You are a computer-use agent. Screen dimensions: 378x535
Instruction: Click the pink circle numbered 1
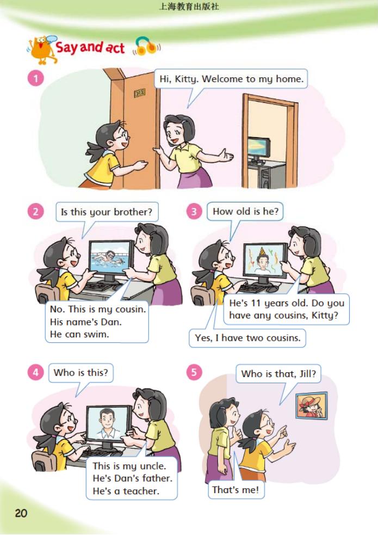(x=35, y=78)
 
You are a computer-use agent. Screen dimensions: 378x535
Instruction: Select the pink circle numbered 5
(x=194, y=372)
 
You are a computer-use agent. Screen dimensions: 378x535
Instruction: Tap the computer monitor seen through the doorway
(x=259, y=147)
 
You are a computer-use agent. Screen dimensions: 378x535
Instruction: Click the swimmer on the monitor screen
(x=110, y=256)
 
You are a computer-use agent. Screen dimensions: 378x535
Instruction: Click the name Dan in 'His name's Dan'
(x=111, y=322)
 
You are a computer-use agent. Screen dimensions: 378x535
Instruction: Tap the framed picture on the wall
(x=312, y=405)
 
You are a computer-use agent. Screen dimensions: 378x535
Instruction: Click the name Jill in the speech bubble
(x=308, y=373)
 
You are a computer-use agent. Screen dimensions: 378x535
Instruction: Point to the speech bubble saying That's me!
(x=236, y=490)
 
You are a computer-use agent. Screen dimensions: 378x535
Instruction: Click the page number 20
(x=21, y=513)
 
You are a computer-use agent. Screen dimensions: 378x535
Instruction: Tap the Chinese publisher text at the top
(x=189, y=7)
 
